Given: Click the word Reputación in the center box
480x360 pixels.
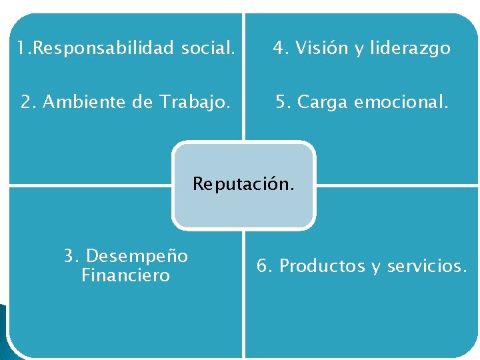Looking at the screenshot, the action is pos(243,184).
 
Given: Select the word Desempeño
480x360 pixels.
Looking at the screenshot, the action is pos(137,256).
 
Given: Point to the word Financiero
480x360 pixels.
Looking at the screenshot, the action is pos(125,275).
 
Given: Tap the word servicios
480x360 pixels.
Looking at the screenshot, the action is pos(427,266).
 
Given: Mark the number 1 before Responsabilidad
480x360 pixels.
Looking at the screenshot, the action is pos(21,48).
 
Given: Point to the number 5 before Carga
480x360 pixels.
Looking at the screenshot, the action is pos(282,102).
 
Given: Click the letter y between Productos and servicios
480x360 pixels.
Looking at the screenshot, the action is pos(377,268).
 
